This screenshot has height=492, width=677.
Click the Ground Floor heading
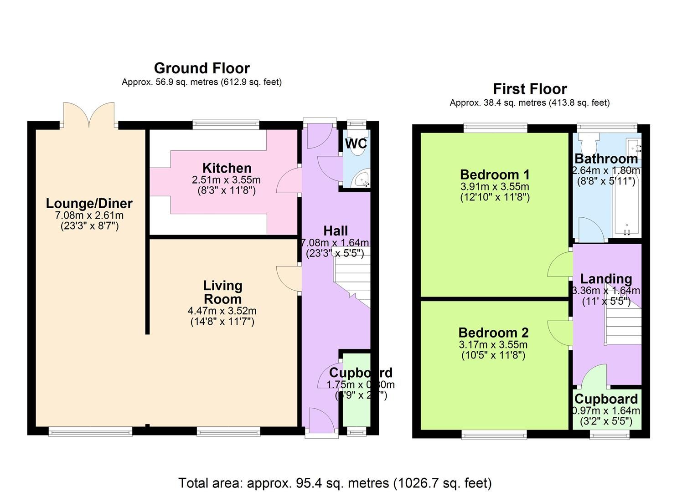click(202, 68)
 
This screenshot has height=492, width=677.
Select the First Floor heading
click(530, 89)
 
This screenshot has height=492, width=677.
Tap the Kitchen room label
click(227, 168)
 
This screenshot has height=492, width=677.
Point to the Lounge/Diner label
click(89, 204)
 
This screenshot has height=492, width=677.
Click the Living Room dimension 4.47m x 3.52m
click(222, 311)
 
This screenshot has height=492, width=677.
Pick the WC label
click(356, 143)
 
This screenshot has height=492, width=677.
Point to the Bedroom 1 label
click(495, 174)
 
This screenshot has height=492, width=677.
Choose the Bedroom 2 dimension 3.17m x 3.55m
click(493, 345)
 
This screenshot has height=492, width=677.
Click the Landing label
click(606, 279)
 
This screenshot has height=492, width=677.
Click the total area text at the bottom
click(335, 483)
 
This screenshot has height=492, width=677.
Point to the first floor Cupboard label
click(606, 399)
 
